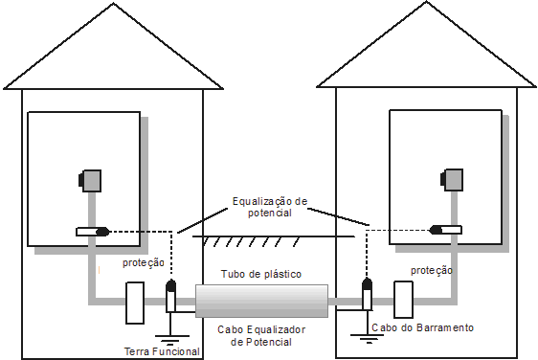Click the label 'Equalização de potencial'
pyautogui.click(x=269, y=208)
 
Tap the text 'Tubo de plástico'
pyautogui.click(x=261, y=275)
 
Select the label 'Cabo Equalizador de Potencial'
pyautogui.click(x=261, y=335)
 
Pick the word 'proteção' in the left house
pyautogui.click(x=143, y=263)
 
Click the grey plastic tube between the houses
pyautogui.click(x=261, y=301)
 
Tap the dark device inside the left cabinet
pyautogui.click(x=91, y=179)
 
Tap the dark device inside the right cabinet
pyautogui.click(x=450, y=179)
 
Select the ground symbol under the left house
pyautogui.click(x=171, y=336)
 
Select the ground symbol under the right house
pyautogui.click(x=367, y=336)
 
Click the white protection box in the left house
pyautogui.click(x=135, y=302)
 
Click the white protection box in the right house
pyautogui.click(x=403, y=301)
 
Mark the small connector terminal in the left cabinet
pyautogui.click(x=93, y=231)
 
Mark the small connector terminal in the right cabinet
pyautogui.click(x=446, y=229)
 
